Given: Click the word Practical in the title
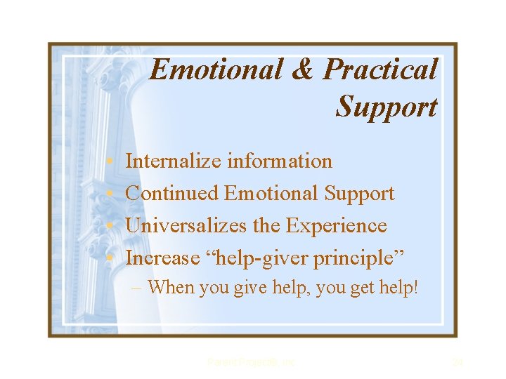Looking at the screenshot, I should [x=381, y=70].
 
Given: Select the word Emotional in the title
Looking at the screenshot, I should [x=216, y=70].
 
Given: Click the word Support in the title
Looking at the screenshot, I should [x=387, y=107].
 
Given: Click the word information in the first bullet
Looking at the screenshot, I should [x=280, y=161].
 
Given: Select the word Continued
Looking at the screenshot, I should [x=171, y=193].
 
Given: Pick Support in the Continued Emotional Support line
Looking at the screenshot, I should [x=358, y=193].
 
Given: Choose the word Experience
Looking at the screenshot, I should [x=337, y=225].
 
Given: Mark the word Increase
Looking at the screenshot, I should [x=162, y=258].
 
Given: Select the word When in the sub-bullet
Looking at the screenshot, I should [x=171, y=287].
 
